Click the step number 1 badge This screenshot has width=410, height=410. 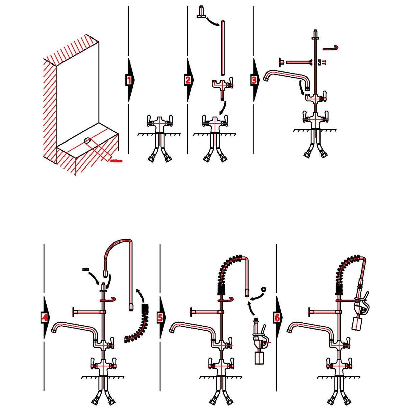pos(128,80)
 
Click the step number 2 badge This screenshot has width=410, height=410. pos(188,80)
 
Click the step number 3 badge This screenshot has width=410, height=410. pos(254,80)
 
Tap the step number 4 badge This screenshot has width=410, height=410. pos(44,317)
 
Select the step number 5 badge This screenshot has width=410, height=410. pos(160,317)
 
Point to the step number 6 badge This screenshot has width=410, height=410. pos(277,317)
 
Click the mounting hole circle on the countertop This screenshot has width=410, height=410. pos(87,141)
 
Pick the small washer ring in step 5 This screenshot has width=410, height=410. pos(264,289)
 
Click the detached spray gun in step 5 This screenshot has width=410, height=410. pos(259,344)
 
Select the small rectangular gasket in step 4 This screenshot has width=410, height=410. pos(85,269)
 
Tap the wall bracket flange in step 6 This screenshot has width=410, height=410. pos(310,313)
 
